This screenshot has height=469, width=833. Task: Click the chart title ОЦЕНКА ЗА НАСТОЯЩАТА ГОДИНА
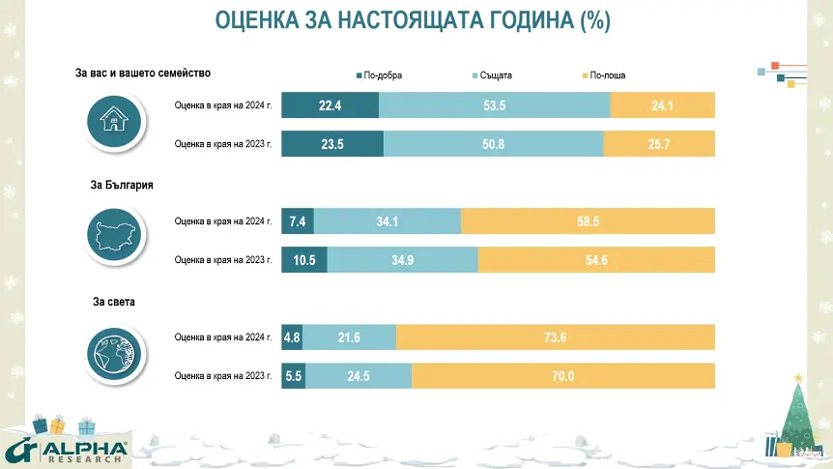coord(413,21)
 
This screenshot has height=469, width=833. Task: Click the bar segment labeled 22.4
coord(330,104)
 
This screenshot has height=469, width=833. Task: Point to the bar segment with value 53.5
coord(495,104)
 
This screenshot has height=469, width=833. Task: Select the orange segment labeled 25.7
coord(659,144)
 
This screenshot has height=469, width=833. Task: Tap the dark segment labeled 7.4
coord(298,221)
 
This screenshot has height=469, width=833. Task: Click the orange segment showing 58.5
coord(588,221)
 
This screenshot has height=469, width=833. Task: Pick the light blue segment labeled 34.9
coord(402,260)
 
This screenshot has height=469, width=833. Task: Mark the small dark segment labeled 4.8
coord(292,337)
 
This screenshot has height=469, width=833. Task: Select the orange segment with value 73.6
coord(556,337)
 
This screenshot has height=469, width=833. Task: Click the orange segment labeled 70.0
coord(563,376)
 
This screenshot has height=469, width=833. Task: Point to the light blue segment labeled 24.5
coord(359,376)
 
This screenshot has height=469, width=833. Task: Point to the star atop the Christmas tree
coord(798,377)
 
